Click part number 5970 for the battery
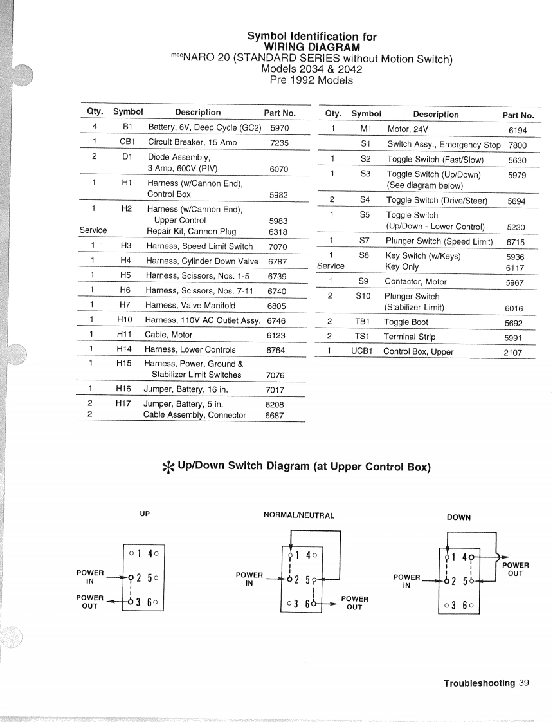pos(280,128)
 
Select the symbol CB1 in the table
pos(127,142)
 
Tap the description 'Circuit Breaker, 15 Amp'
pos(192,142)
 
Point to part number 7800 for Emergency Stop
pos(517,145)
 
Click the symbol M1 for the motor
pos(366,129)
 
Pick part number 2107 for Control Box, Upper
pos(512,353)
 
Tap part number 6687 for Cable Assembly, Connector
pos(275,416)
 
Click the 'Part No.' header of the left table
pos(280,113)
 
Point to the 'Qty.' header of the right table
pos(333,114)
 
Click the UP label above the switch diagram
pos(145,514)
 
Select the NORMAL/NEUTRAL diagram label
pos(299,515)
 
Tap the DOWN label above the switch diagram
pos(458,517)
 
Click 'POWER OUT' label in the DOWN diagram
pos(515,569)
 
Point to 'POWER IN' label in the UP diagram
pos(90,577)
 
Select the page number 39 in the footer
pos(524,683)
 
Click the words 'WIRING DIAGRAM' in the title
pos(312,48)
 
